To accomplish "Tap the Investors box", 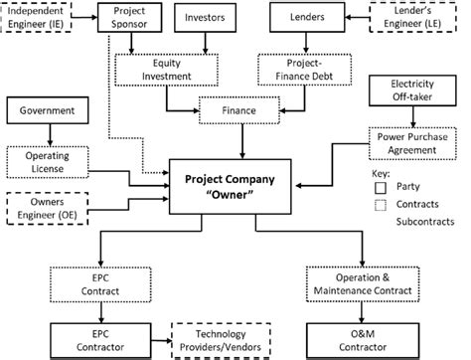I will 206,18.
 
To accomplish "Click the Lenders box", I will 304,18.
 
